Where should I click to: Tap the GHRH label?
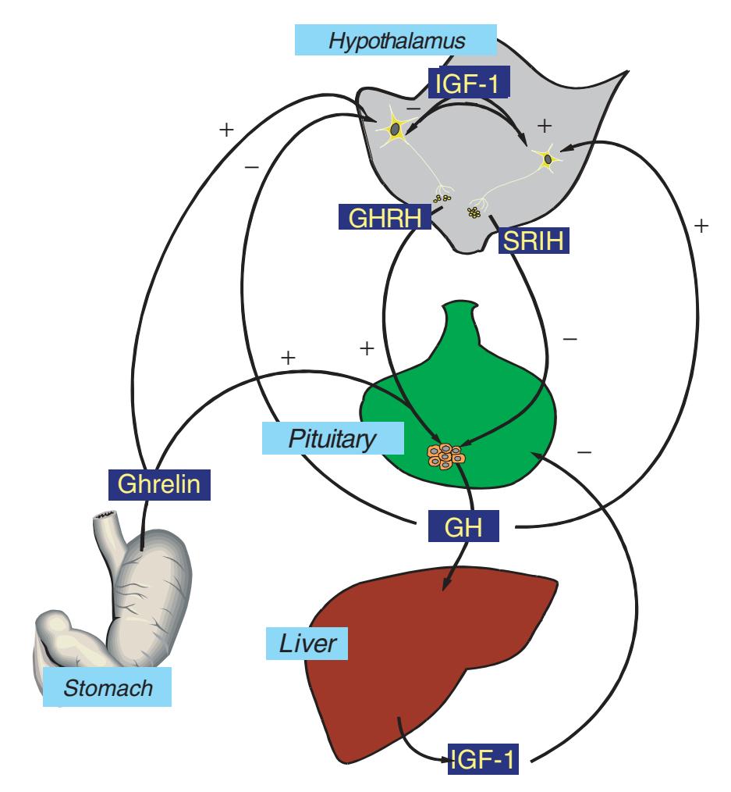tap(385, 217)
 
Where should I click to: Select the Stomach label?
tap(108, 689)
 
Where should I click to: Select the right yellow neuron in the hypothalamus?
tap(548, 160)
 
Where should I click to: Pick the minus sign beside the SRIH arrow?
tap(570, 339)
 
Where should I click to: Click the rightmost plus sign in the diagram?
tap(701, 227)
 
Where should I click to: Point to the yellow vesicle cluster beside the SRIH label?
tap(474, 211)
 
